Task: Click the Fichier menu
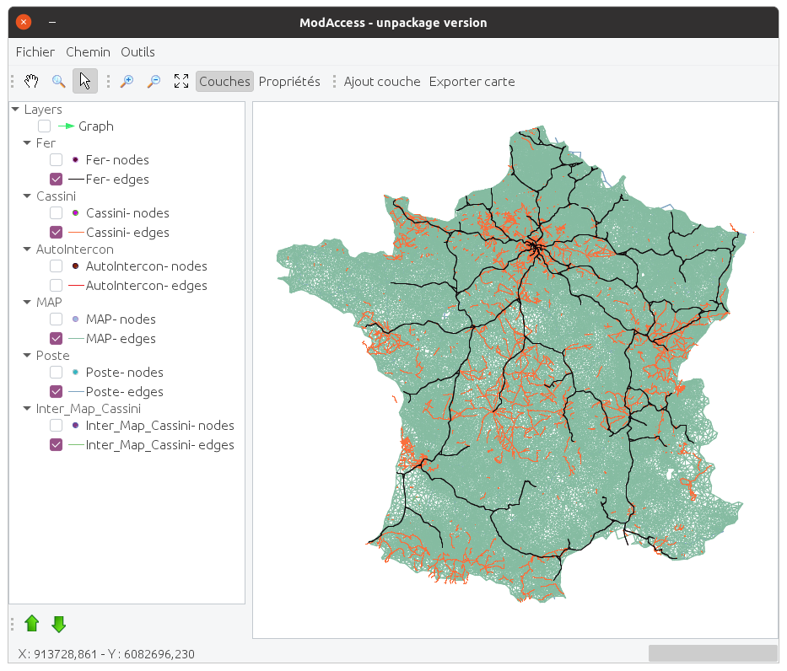point(35,52)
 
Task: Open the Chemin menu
point(88,52)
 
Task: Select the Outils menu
point(137,52)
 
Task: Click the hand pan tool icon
point(32,81)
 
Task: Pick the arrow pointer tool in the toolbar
point(84,81)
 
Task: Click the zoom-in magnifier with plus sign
point(127,81)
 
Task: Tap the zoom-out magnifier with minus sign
point(154,81)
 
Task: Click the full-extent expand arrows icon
point(181,81)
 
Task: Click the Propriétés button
point(289,82)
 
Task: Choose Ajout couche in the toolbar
point(381,82)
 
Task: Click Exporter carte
point(472,82)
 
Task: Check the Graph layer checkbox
point(45,126)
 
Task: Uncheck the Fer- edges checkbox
point(57,179)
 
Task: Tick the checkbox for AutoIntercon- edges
point(57,285)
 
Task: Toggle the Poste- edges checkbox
point(57,391)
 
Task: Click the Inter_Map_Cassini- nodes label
point(159,426)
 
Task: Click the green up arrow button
point(32,624)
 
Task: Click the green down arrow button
point(59,624)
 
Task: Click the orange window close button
point(24,23)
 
